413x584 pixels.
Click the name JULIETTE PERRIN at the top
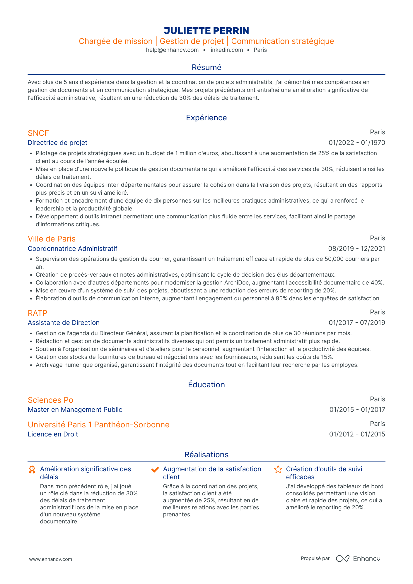click(x=206, y=31)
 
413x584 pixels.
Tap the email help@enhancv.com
click(x=172, y=50)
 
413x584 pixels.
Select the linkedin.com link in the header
click(x=226, y=50)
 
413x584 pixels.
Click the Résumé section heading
click(x=206, y=67)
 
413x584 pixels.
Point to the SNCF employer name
click(x=38, y=133)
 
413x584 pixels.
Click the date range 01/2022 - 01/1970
click(x=357, y=143)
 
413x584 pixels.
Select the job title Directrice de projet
click(x=57, y=143)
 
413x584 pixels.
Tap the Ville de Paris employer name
click(x=52, y=239)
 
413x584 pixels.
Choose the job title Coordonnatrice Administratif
click(x=72, y=249)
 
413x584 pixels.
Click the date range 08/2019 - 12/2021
click(x=356, y=249)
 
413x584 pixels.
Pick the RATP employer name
click(x=37, y=313)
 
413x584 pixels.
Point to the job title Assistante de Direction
click(x=64, y=323)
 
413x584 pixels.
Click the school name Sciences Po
click(x=50, y=400)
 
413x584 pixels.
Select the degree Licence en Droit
click(x=53, y=434)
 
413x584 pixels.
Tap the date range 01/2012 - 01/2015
click(x=357, y=434)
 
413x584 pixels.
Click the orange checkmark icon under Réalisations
click(x=155, y=470)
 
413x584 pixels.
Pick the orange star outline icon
click(x=278, y=470)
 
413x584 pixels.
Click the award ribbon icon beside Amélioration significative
click(x=32, y=470)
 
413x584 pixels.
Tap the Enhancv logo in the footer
click(x=358, y=559)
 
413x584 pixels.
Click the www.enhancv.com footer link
click(x=50, y=559)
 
